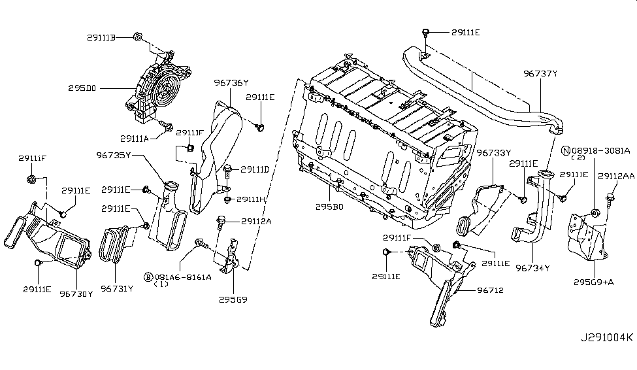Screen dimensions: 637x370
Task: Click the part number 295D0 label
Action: pos(82,88)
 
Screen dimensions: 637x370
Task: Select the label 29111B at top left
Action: pos(101,37)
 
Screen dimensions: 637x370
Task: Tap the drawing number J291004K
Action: pos(606,337)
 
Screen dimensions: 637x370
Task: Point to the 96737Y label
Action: pos(540,74)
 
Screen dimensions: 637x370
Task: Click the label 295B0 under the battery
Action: pos(329,207)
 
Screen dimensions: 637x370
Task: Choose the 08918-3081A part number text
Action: pos(601,150)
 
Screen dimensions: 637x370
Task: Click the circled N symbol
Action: pos(566,150)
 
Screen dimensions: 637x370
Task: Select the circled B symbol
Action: pos(149,277)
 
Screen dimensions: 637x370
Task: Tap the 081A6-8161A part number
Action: pos(183,277)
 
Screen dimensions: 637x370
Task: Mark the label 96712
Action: pos(491,290)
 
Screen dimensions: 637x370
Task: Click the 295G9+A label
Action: pos(593,282)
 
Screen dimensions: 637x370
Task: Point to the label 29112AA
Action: pos(616,176)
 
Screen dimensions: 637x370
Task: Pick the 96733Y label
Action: pos(494,153)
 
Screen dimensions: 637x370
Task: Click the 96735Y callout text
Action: pos(113,155)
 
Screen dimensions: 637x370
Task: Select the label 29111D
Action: pos(255,169)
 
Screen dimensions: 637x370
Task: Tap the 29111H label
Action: pos(251,199)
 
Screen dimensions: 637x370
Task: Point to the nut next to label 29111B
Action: pos(137,37)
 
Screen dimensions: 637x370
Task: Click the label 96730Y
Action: pos(76,294)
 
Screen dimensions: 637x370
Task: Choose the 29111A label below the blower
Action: pos(135,139)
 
